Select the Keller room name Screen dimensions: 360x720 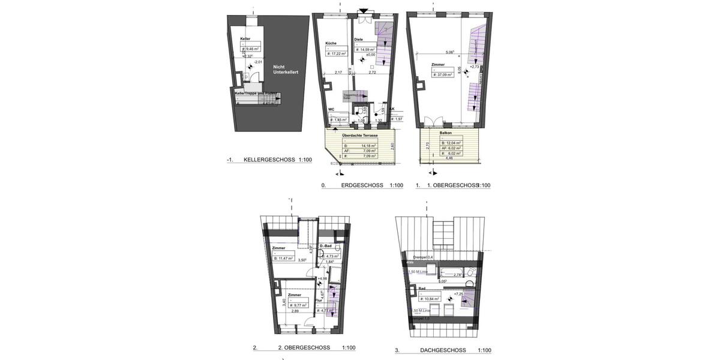[245, 39]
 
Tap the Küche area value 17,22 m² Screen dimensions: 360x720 [337, 53]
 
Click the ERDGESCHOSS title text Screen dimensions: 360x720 [362, 185]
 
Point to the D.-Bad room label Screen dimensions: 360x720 [326, 247]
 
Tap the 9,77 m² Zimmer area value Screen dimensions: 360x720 [298, 305]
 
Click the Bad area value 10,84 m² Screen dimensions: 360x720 [430, 298]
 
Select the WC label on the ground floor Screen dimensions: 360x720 [331, 110]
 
